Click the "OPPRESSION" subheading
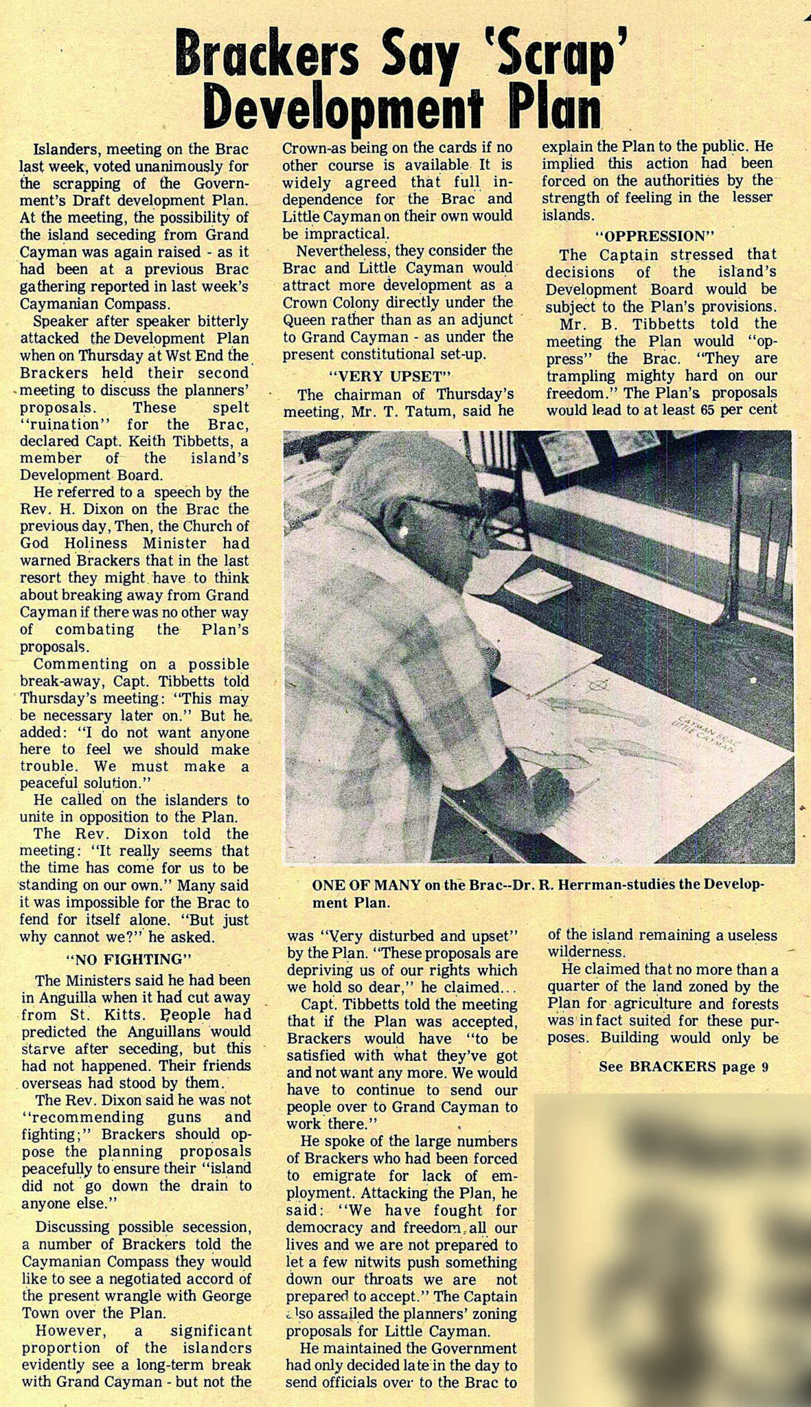click(x=660, y=236)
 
